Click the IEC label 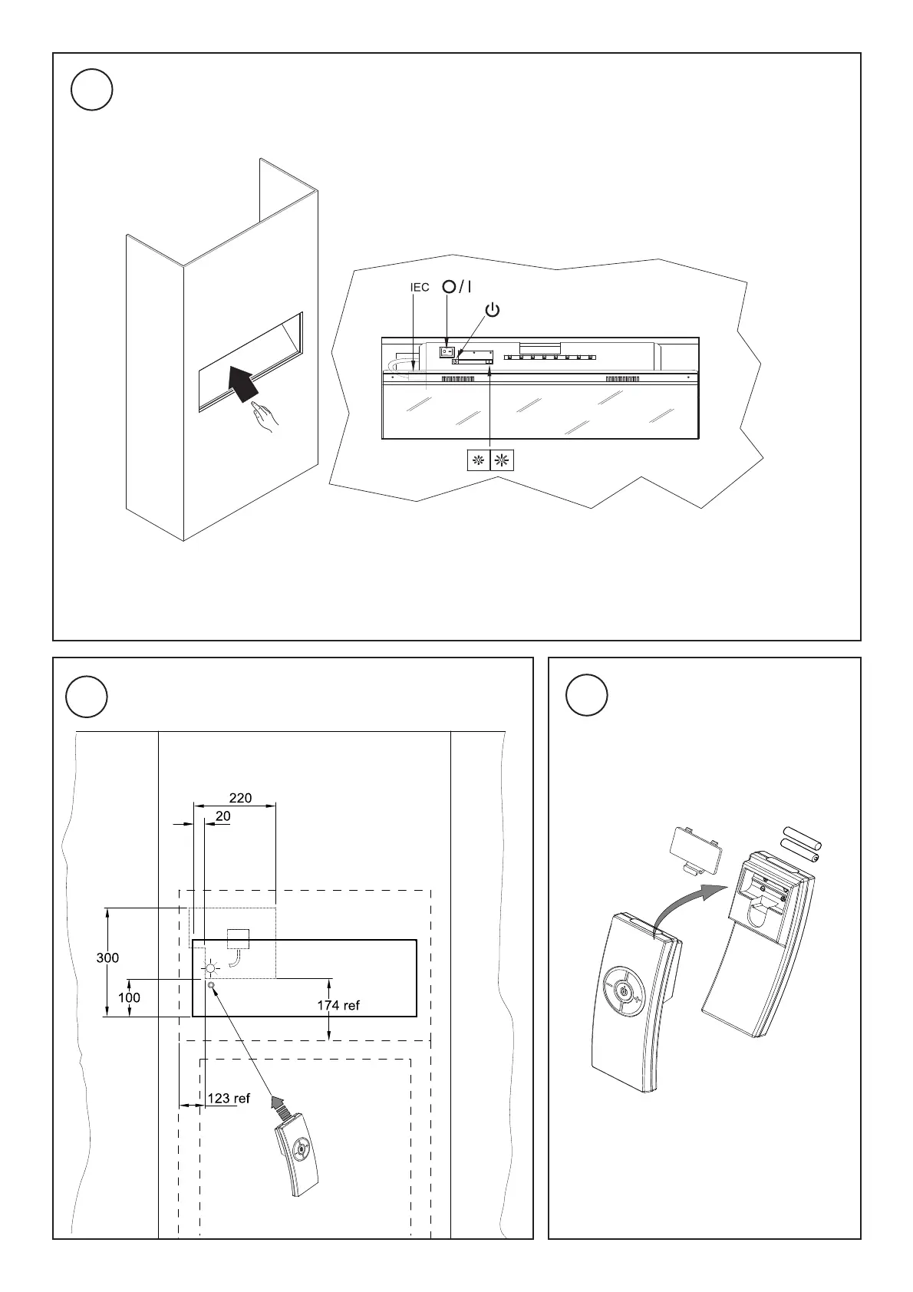tap(420, 288)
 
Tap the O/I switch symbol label tap(457, 287)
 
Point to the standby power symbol tap(493, 311)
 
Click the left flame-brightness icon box tap(478, 460)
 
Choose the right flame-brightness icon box tap(503, 460)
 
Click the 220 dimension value tap(240, 798)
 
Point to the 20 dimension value tap(222, 816)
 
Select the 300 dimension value tap(107, 958)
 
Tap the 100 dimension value tap(129, 997)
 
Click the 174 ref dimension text tap(338, 1005)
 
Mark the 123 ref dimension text tap(229, 1098)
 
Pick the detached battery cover tap(696, 849)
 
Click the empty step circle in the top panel tap(92, 91)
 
